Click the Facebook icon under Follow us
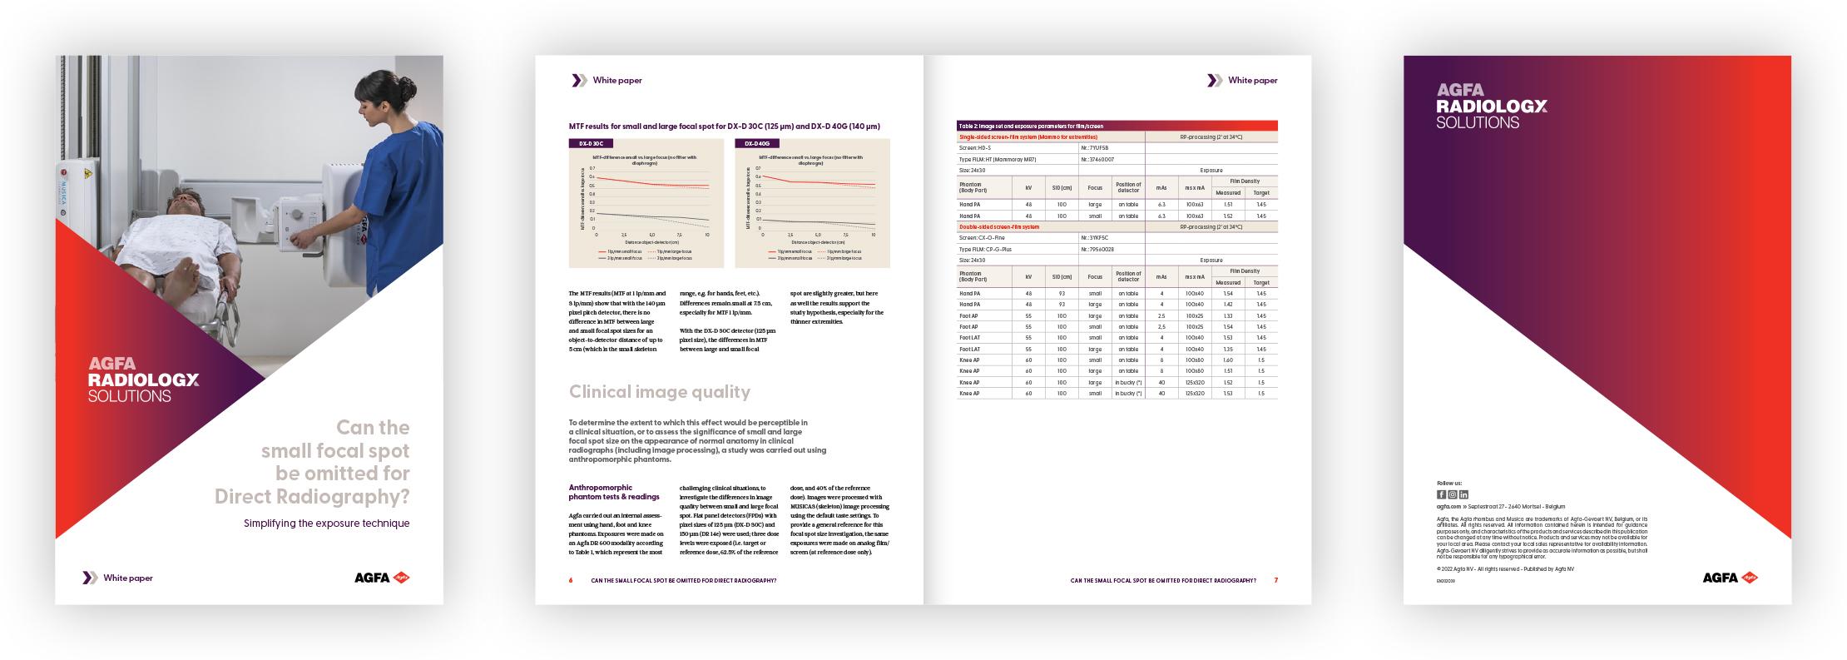(x=1442, y=494)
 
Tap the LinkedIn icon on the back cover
(x=1463, y=494)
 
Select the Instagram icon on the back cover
(x=1453, y=494)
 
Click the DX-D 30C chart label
(x=591, y=143)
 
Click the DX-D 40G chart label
(x=757, y=143)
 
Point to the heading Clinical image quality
(x=659, y=392)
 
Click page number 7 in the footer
(x=1275, y=580)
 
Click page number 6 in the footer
(x=571, y=580)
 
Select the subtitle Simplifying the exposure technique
(x=326, y=524)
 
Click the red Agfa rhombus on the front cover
(x=401, y=578)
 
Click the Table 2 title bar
(x=1117, y=126)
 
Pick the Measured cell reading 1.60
(x=1228, y=360)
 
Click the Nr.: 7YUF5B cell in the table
(x=1096, y=147)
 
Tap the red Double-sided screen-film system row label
(x=998, y=226)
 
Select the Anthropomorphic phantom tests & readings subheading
(x=613, y=492)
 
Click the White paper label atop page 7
(x=1252, y=81)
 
